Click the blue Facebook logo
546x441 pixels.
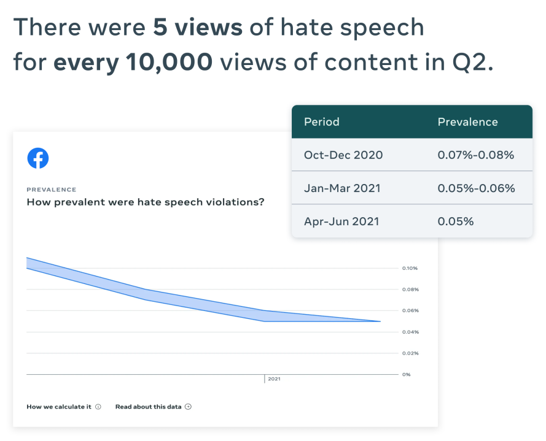click(x=38, y=158)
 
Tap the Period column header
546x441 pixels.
click(x=321, y=122)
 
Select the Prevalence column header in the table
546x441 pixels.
click(x=467, y=122)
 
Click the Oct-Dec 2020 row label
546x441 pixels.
click(x=343, y=155)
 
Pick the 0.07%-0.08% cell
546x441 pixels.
click(x=475, y=155)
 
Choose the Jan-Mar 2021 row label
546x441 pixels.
click(x=343, y=188)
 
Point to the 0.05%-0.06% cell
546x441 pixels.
click(x=476, y=188)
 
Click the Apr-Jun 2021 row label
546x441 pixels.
click(x=341, y=221)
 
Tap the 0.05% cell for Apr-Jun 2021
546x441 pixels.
click(x=455, y=221)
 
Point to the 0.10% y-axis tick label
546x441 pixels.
click(x=410, y=268)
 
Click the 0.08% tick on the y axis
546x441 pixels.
click(x=410, y=290)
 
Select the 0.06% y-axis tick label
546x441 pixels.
click(x=410, y=310)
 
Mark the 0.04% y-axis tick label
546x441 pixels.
click(x=410, y=332)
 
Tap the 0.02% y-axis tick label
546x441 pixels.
click(x=410, y=353)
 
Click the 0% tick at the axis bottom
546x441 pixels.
click(x=406, y=374)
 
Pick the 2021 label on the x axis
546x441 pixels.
click(x=274, y=380)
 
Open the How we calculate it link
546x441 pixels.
click(x=59, y=407)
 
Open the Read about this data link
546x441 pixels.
click(x=149, y=407)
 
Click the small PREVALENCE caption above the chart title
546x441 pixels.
click(x=52, y=190)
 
